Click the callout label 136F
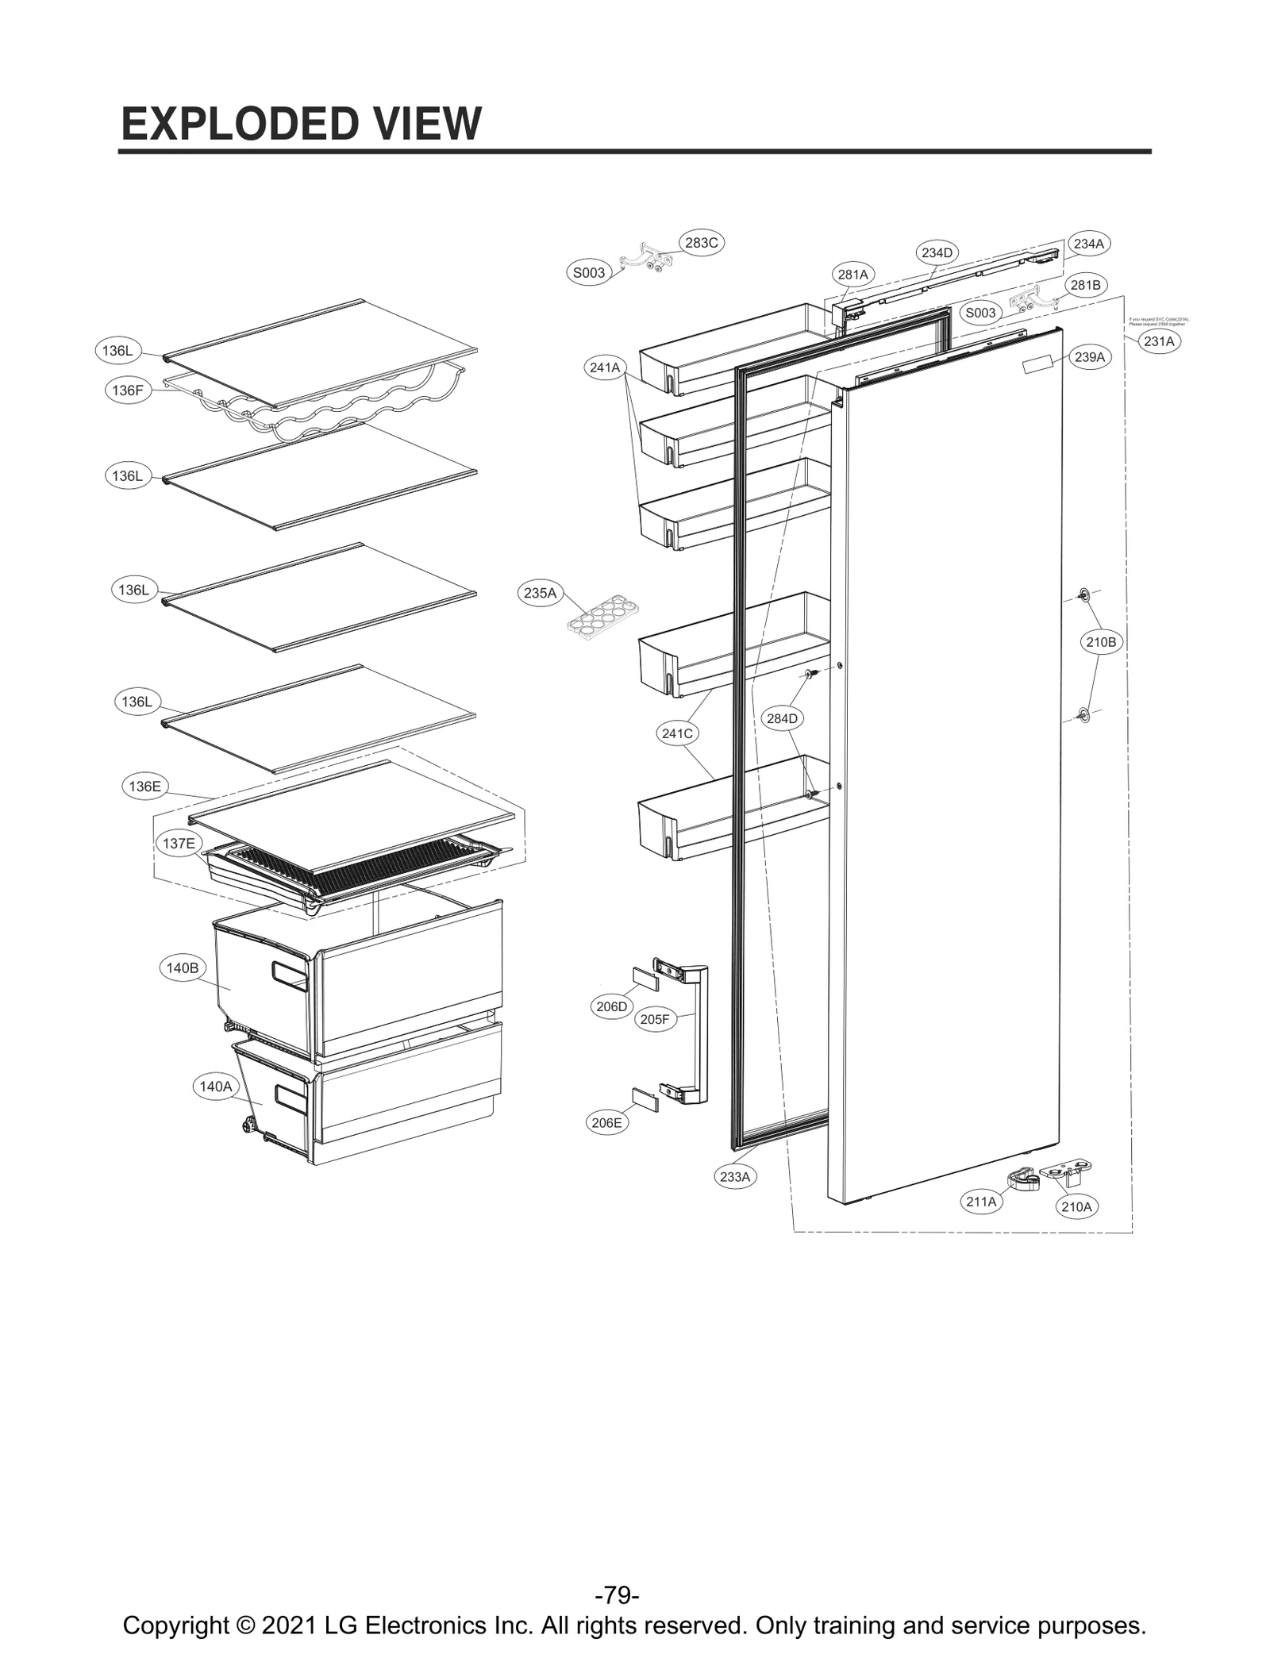point(127,390)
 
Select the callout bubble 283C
point(701,243)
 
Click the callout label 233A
point(734,1176)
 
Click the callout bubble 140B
point(183,967)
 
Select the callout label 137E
point(179,843)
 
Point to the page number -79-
point(617,1594)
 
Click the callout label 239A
point(1089,357)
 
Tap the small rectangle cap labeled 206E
point(645,1101)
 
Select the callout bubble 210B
point(1101,642)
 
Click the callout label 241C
point(677,733)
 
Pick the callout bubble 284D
point(782,718)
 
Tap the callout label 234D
point(937,252)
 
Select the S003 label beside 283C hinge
point(589,273)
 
